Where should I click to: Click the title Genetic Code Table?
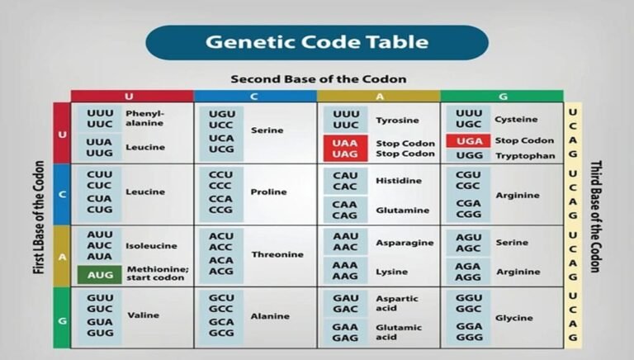point(317,41)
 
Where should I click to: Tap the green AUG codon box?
point(100,273)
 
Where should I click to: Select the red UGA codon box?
point(468,141)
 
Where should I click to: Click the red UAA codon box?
point(345,143)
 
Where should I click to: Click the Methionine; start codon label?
point(157,273)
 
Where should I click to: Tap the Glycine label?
point(513,318)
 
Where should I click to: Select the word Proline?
point(269,192)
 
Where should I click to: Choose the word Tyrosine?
point(398,121)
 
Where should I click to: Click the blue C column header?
point(255,97)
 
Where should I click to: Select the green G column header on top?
point(502,97)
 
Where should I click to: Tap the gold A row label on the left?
point(62,256)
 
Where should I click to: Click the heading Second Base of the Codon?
point(318,79)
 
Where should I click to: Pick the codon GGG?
point(468,338)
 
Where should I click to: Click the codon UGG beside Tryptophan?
point(468,155)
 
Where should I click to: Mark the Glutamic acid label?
point(398,332)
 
